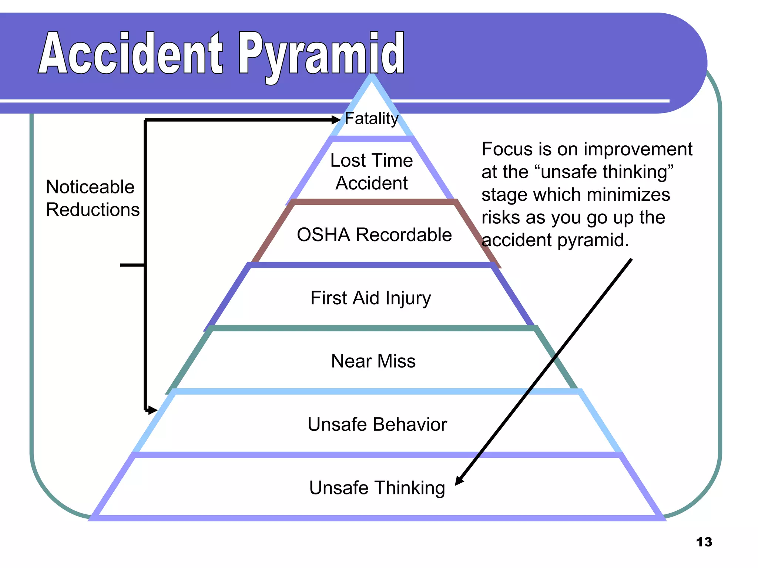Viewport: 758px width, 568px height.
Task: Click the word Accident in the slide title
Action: (130, 54)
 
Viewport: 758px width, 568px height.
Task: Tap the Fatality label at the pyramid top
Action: (371, 119)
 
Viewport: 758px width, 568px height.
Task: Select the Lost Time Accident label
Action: (372, 172)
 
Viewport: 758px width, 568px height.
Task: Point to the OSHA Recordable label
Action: (374, 235)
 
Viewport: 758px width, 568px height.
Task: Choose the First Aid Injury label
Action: (370, 298)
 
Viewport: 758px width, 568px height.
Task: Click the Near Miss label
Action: (373, 361)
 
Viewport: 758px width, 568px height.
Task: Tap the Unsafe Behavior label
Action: (377, 425)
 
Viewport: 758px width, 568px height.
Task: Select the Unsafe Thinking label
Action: (377, 488)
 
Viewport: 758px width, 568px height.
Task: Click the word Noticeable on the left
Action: (90, 187)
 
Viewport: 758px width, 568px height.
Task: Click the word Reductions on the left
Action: (93, 210)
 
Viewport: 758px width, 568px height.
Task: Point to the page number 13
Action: (704, 542)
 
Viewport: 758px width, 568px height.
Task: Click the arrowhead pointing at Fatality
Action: (336, 120)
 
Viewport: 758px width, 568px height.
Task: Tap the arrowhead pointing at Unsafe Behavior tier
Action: (152, 410)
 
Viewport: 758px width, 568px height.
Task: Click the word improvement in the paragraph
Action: (638, 149)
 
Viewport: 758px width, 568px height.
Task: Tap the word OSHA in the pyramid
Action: (323, 235)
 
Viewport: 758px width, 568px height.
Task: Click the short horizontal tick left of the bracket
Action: (131, 265)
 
